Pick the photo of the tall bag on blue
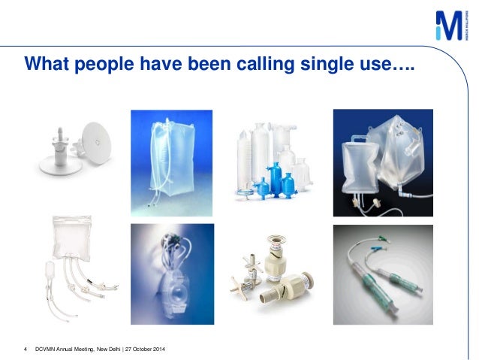(x=171, y=163)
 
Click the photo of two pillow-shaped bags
(x=382, y=163)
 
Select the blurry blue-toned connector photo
(x=171, y=274)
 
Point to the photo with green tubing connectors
(x=382, y=274)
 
